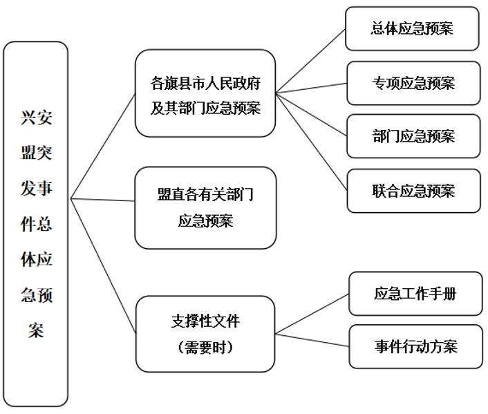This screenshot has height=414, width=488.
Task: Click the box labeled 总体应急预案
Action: [x=412, y=28]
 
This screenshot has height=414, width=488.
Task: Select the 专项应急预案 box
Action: [x=413, y=83]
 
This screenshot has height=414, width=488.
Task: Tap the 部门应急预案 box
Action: [x=413, y=136]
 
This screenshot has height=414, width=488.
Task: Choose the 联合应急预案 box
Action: [x=413, y=190]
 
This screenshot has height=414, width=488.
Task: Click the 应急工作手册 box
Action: [x=415, y=293]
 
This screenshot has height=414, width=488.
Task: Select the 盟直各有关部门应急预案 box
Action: [x=205, y=207]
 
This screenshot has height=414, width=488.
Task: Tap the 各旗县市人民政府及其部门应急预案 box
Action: [x=205, y=93]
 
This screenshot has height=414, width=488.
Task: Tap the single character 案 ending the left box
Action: [x=36, y=331]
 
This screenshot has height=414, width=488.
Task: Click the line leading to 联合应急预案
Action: [x=311, y=142]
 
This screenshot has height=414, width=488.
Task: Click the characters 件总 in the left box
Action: [x=36, y=224]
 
